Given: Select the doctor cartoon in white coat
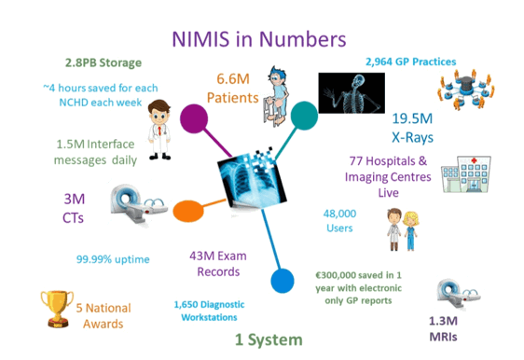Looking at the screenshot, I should click(160, 122).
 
